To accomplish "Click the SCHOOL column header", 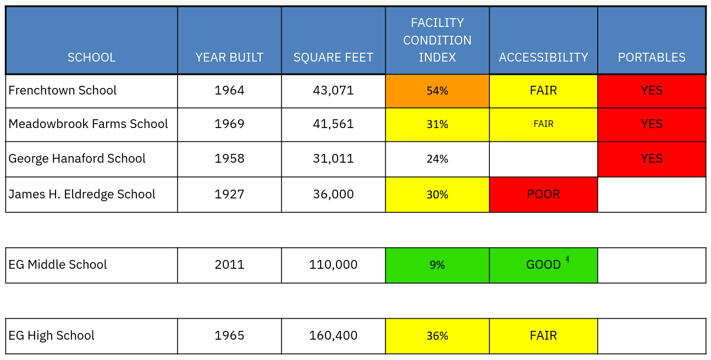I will point(91,57).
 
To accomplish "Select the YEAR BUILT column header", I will point(229,57).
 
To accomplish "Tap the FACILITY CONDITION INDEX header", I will point(437,40).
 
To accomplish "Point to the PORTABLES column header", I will point(652,57).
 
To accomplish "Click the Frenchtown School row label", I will point(63,90).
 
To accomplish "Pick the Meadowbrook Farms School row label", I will point(88,124).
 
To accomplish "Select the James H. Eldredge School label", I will point(82,194).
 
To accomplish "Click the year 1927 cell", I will point(229,194).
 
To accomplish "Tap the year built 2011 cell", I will point(229,264).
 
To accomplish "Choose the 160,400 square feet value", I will point(333,335).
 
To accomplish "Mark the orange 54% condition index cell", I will point(437,91).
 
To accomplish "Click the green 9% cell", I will point(437,265).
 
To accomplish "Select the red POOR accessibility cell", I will point(543,195).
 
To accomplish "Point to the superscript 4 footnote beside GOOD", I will point(567,259).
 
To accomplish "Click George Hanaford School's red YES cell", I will point(652,159).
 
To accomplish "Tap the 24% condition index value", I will point(437,159).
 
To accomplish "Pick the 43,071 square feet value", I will point(333,90).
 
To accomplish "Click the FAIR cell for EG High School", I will point(543,335).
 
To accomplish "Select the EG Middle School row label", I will point(58,264).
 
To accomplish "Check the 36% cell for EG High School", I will point(437,336).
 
